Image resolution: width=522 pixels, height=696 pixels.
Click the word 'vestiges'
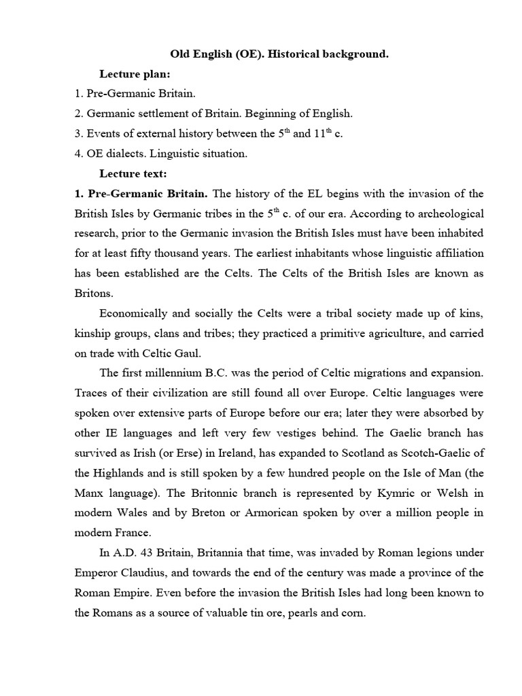[x=277, y=433]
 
